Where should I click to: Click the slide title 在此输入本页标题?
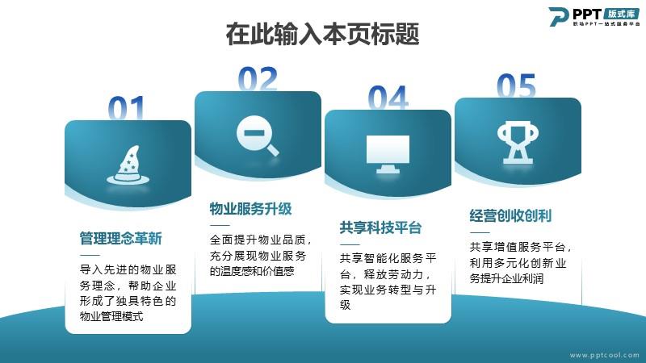click(322, 34)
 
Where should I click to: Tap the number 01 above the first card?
click(127, 108)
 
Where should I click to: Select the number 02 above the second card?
click(258, 78)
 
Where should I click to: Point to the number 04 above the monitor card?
click(388, 98)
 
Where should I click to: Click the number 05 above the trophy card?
click(516, 86)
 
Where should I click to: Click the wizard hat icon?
click(128, 165)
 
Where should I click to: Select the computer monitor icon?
click(388, 154)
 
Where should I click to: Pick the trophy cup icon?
click(518, 142)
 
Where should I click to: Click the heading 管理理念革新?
click(120, 238)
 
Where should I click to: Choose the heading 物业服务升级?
click(250, 209)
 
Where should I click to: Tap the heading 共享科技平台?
click(380, 227)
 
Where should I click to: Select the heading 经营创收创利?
click(510, 215)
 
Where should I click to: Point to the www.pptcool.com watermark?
click(604, 355)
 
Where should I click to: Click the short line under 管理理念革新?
click(90, 255)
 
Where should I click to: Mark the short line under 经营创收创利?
click(479, 232)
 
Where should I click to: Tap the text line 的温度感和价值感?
click(252, 271)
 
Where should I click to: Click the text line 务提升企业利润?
click(506, 278)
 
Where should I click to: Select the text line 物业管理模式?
click(111, 316)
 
